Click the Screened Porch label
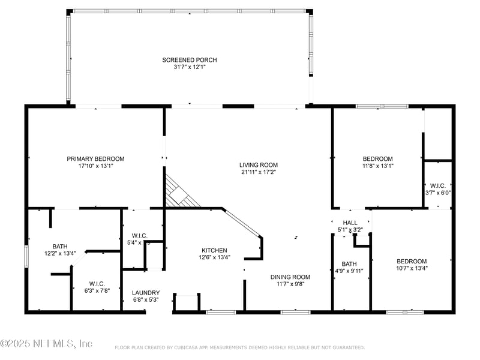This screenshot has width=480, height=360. point(189,60)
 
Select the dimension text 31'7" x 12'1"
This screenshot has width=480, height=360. point(189,67)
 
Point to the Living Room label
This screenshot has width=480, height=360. point(259,165)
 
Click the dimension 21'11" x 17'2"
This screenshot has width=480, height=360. point(259,172)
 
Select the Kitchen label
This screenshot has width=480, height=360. point(214,250)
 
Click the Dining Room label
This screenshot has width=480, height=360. point(291,277)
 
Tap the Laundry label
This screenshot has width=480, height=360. point(145,293)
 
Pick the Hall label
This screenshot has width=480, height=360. point(350,223)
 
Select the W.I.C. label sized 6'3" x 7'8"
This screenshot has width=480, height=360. point(98,284)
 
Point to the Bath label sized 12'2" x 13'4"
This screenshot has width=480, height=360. point(60,246)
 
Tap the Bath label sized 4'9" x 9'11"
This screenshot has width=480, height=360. point(349,264)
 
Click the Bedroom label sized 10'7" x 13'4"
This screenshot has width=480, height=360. point(412,261)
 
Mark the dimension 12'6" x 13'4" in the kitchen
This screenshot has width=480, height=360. point(214,257)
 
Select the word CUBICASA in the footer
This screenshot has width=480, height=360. point(191,347)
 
